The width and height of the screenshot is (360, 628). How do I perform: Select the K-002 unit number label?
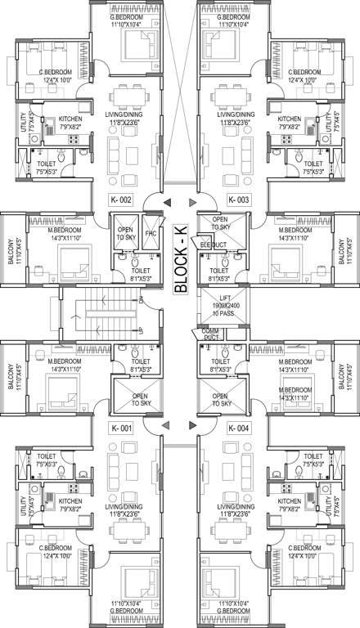coord(121,200)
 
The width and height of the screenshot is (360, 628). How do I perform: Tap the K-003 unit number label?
coord(238,200)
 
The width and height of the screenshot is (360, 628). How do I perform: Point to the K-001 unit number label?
coord(121,428)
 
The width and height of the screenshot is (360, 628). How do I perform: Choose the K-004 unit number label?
coord(238,428)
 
